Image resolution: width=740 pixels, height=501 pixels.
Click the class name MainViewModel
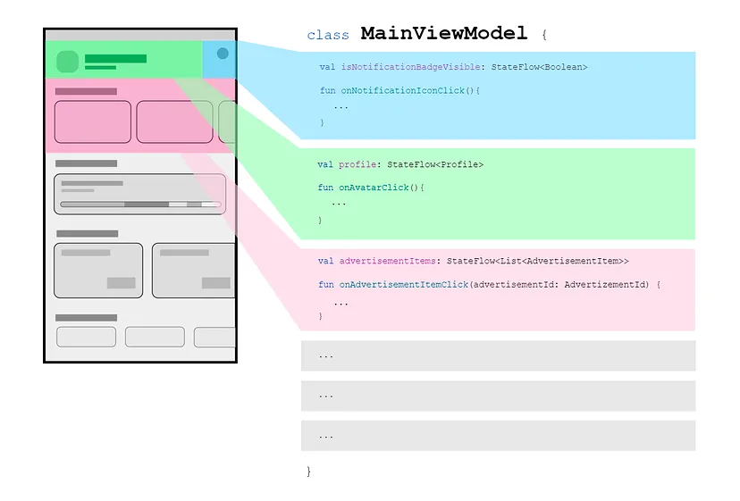pos(444,34)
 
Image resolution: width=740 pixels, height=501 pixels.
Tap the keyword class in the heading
pos(328,36)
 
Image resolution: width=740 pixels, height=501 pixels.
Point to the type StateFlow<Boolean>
pos(539,67)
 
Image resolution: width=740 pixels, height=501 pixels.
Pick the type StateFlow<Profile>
pos(435,164)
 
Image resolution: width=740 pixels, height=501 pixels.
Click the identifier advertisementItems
pos(387,261)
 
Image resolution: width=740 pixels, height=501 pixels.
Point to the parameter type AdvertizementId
pos(607,284)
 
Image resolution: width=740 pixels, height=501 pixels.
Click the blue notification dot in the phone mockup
pos(223,54)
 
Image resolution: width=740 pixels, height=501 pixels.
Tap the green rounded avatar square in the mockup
pos(68,62)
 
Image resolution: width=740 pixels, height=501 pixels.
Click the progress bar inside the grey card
pos(140,205)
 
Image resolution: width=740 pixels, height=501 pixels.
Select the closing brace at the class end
pos(308,470)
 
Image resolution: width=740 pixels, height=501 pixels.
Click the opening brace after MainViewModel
pos(543,36)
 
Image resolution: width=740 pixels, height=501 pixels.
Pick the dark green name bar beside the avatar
pos(115,58)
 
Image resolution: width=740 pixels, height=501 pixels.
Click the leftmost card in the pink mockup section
pos(93,121)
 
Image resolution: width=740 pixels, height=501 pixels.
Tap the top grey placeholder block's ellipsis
pos(325,355)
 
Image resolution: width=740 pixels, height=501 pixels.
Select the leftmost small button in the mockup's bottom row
pos(86,337)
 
